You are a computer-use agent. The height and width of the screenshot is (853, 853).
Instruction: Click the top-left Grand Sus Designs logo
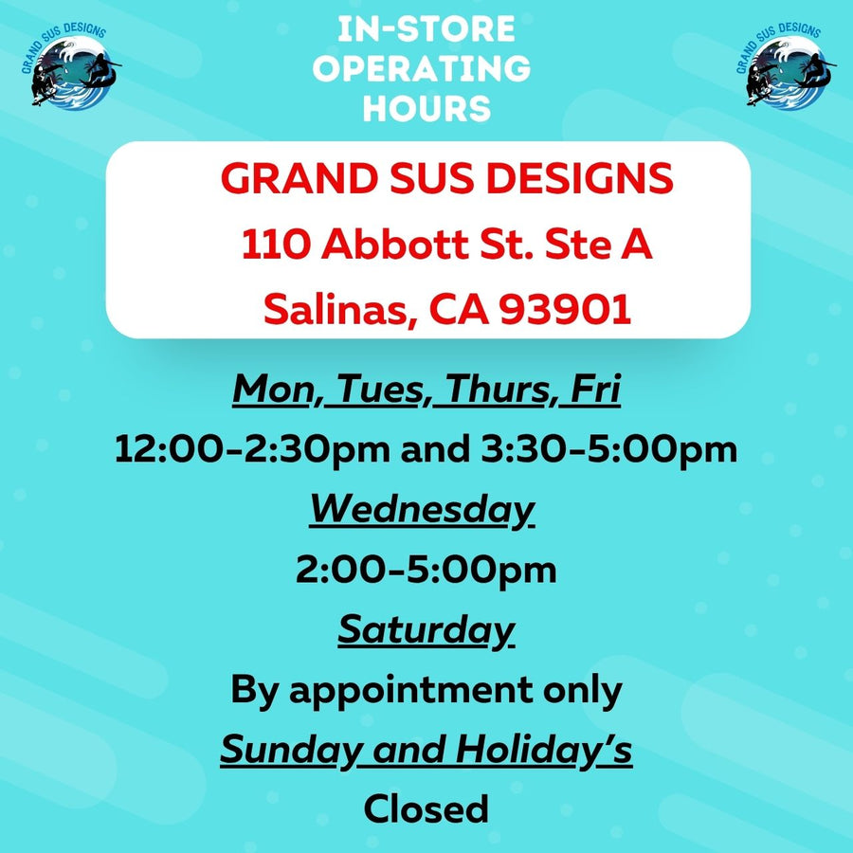click(71, 65)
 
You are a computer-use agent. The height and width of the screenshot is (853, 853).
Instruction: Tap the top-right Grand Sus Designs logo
click(786, 65)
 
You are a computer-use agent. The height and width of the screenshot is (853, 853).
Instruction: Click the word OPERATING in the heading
click(422, 68)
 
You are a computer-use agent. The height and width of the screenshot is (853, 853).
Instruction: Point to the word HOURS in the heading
click(427, 108)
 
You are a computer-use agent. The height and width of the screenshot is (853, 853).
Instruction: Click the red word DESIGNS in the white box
click(579, 178)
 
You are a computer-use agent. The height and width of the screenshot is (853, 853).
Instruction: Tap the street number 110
click(277, 245)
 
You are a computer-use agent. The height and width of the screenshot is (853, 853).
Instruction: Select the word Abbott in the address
click(395, 245)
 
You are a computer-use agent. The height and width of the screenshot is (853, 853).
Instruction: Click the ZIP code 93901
click(566, 309)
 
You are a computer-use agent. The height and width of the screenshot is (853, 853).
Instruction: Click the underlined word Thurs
click(497, 390)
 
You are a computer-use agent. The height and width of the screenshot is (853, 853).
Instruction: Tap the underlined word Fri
click(596, 390)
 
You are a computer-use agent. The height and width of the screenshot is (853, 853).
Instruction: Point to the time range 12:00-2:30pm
click(252, 450)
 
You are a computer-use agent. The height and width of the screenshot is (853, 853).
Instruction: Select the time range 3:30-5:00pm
click(609, 450)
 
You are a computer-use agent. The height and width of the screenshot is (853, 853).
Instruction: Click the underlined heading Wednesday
click(422, 510)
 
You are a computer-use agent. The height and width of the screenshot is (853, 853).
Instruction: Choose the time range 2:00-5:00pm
click(426, 571)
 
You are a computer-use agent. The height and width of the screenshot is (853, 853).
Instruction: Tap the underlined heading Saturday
click(426, 630)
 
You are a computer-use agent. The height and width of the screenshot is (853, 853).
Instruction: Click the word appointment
click(410, 690)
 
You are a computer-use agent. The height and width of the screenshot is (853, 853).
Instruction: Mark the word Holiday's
click(544, 750)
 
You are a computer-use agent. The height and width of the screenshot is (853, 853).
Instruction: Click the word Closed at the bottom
click(426, 809)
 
